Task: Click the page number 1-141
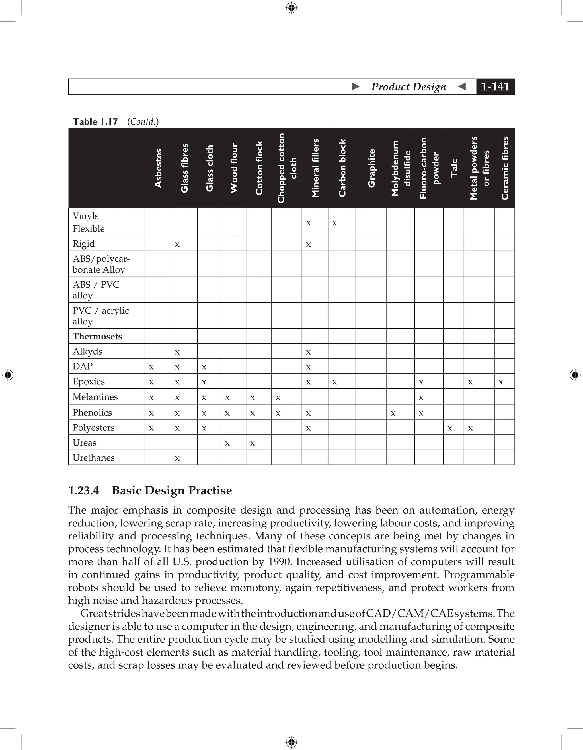coord(495,86)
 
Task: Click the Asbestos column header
coord(158,168)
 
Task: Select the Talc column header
coord(454,168)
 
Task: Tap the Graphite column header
coord(371,168)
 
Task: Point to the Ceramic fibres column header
coord(504,168)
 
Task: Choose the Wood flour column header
coord(234,168)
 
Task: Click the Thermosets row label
coord(97,336)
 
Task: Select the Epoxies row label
coord(89,382)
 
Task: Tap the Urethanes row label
coord(93,458)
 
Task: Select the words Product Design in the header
coord(408,86)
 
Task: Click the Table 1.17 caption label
coord(95,121)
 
